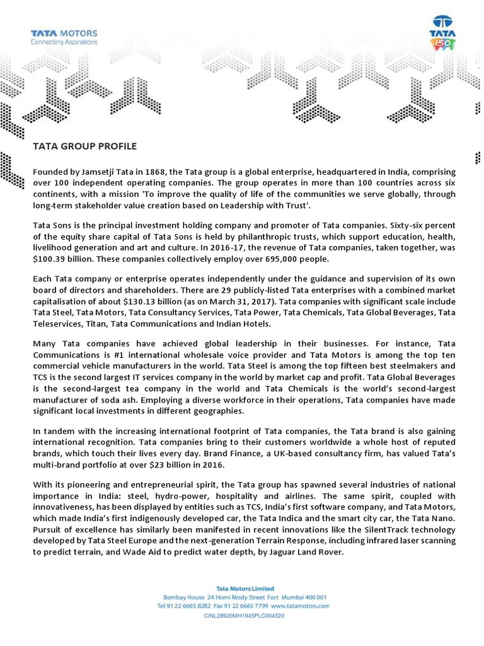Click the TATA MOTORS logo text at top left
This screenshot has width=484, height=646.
[64, 33]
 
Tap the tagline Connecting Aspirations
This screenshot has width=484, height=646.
[64, 42]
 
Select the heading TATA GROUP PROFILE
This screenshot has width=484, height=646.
[84, 146]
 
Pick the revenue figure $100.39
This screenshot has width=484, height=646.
[49, 259]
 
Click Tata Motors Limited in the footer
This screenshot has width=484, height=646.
[246, 589]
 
